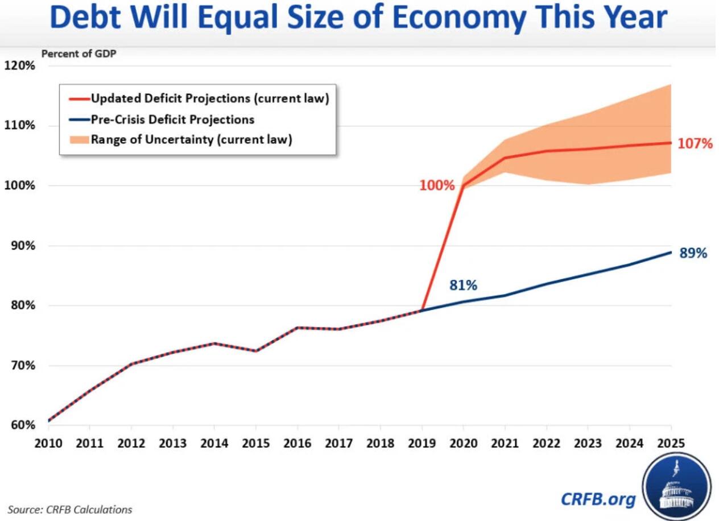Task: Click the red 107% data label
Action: pyautogui.click(x=695, y=143)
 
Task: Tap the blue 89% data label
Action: pyautogui.click(x=693, y=254)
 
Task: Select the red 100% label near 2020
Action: pyautogui.click(x=437, y=185)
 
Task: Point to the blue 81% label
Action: pyautogui.click(x=463, y=286)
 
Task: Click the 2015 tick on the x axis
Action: pyautogui.click(x=255, y=444)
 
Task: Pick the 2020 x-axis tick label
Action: pyautogui.click(x=464, y=444)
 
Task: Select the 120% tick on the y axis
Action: pyautogui.click(x=20, y=65)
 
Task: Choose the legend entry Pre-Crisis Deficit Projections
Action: pyautogui.click(x=172, y=119)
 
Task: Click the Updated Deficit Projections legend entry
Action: pyautogui.click(x=210, y=98)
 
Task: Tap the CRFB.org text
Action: pyautogui.click(x=598, y=499)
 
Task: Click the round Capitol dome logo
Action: pyautogui.click(x=677, y=487)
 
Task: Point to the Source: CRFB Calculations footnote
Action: pyautogui.click(x=69, y=509)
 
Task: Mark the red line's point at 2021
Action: pyautogui.click(x=505, y=158)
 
